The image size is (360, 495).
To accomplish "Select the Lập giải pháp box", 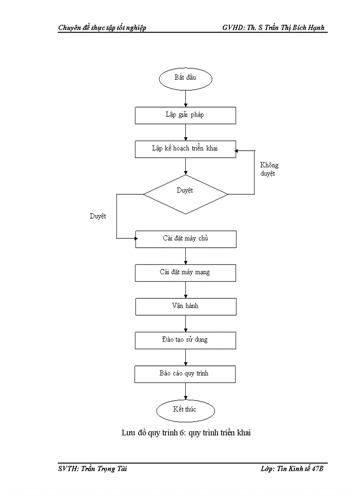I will coord(185,115).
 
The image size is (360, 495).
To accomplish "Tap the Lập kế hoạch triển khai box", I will coord(185,149).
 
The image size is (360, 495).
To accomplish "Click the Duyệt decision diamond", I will coord(185,194).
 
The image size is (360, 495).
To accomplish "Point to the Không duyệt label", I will coord(269,169).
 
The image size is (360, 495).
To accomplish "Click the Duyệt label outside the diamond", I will coord(98,216).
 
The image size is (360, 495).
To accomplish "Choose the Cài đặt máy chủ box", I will coord(185,238).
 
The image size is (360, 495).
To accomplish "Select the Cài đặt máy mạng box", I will coord(185,272).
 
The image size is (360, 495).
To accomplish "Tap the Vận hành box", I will coord(185,306).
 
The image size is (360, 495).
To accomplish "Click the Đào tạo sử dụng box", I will coord(185,340).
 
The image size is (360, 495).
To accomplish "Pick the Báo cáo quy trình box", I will coord(185,374).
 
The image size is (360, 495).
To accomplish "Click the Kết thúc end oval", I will coord(185,410).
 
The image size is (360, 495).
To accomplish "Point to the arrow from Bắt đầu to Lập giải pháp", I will coord(185,98).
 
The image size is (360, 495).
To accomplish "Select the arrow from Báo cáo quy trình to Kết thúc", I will coord(185,391).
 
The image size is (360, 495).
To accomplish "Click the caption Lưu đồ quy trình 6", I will coord(186,433).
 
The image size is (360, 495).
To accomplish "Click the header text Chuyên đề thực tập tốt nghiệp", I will coord(102,28).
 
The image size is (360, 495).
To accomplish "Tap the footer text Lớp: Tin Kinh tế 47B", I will coord(292,469).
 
